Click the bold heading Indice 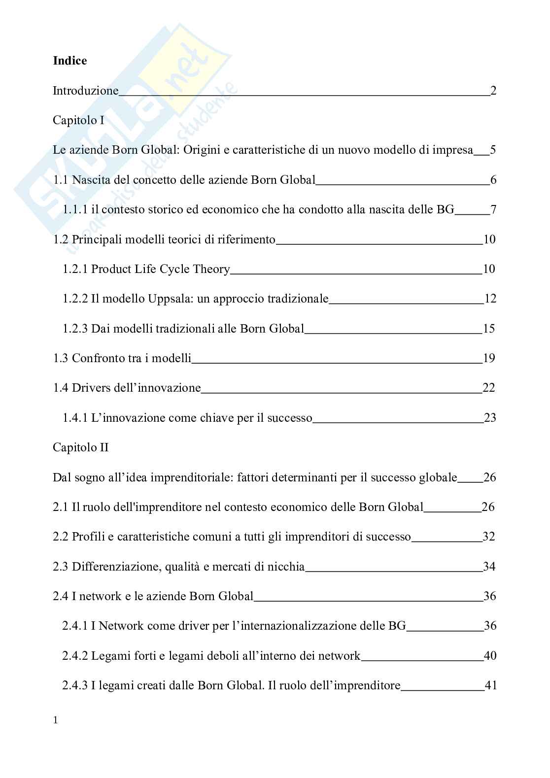coord(69,61)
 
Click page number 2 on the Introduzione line coord(493,91)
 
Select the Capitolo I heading coord(78,120)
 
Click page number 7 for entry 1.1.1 coord(493,209)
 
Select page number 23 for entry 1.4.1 coord(490,418)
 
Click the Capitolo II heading coord(80,448)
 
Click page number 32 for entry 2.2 coord(489,537)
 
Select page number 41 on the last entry coord(490,685)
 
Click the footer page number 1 coord(55,720)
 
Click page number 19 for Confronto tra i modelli coord(489,358)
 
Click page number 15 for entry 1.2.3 coord(488,329)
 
